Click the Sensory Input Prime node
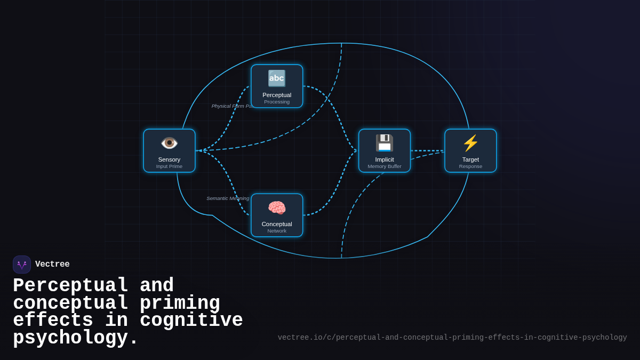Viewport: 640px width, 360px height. (x=169, y=151)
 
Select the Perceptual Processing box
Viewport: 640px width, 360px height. (x=277, y=86)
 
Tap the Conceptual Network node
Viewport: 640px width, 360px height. (x=277, y=215)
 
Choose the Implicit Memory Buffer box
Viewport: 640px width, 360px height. (x=385, y=151)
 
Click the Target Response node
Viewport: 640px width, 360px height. (x=470, y=151)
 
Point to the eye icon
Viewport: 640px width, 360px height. (x=169, y=143)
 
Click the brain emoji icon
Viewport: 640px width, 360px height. (x=277, y=207)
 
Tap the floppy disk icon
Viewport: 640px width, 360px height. (x=385, y=143)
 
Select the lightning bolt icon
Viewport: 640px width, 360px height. (x=470, y=143)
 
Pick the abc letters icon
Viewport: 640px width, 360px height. (x=277, y=78)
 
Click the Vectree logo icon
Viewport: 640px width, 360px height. (x=22, y=265)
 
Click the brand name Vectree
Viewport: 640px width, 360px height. (x=52, y=265)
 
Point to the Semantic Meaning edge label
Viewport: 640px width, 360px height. (x=228, y=198)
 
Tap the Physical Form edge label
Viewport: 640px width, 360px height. (x=231, y=106)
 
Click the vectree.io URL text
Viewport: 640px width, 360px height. (x=452, y=338)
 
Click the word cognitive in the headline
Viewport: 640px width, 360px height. (x=191, y=321)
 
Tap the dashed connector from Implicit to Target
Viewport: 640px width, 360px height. (x=427, y=151)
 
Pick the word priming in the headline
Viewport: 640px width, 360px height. (x=180, y=303)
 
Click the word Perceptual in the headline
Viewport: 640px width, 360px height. (x=70, y=286)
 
